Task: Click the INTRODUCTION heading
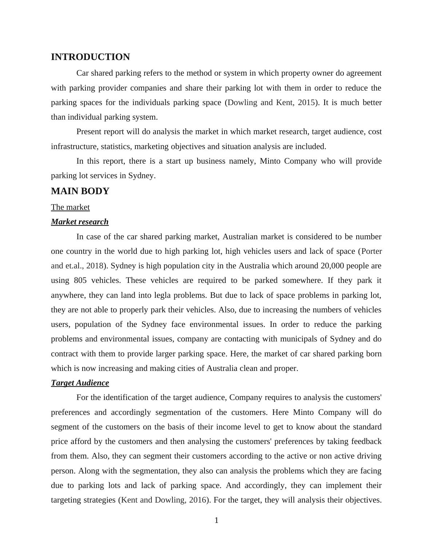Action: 90,57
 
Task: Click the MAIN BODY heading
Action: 80,191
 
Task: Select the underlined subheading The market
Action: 70,207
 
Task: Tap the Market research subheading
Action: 80,222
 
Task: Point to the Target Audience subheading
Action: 80,383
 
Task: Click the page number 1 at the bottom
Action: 216,521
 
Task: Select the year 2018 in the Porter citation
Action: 95,266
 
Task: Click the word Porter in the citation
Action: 372,251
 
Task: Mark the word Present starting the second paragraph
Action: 90,132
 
